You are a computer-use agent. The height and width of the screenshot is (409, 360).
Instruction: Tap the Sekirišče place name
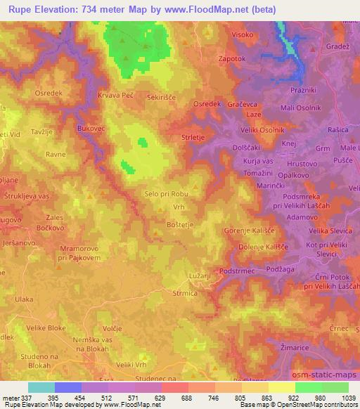[160, 95]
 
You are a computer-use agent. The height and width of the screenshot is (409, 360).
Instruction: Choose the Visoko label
[241, 34]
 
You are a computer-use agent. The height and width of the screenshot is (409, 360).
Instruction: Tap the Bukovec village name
[91, 129]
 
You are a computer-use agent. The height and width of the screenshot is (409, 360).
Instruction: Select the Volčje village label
[112, 327]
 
